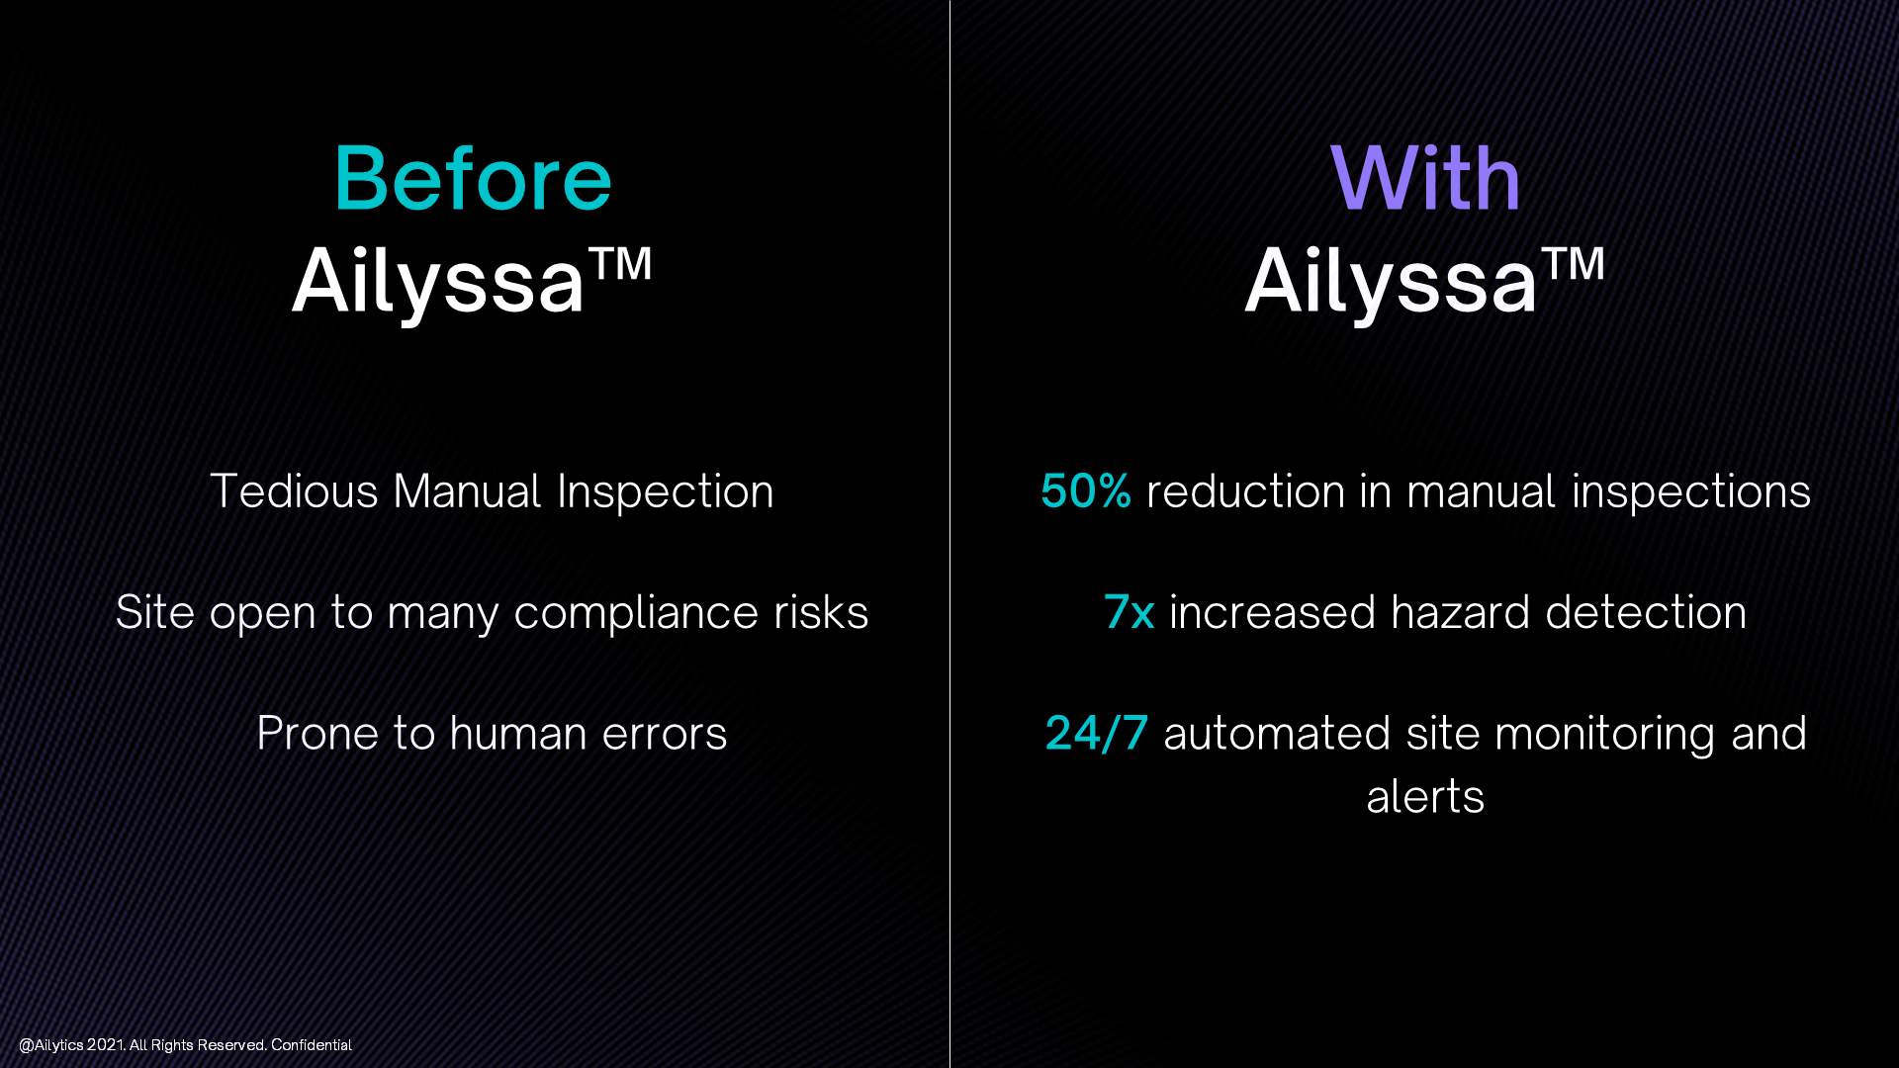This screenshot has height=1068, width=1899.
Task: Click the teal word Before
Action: coord(473,179)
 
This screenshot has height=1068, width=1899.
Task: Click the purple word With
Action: coord(1425,179)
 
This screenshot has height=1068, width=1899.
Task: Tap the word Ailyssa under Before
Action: coord(438,282)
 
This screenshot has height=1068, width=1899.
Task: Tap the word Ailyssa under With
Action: coord(1391,282)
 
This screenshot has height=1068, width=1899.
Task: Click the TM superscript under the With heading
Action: coord(1573,264)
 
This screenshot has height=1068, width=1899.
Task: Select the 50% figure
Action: coord(1085,491)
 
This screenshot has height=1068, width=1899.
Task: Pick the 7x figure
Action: coord(1129,612)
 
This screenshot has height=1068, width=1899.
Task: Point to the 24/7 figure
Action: coord(1096,734)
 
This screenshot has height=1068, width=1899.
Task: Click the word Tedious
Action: coord(294,491)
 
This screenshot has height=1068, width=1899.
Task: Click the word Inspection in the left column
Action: coord(665,491)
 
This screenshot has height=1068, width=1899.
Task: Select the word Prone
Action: coord(317,734)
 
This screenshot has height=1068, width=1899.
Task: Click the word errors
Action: coord(664,734)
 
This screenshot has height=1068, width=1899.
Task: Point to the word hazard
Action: coord(1460,612)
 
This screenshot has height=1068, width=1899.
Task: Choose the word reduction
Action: coord(1244,491)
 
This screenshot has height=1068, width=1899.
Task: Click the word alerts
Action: coord(1425,797)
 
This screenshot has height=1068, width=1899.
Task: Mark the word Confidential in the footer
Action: coord(312,1045)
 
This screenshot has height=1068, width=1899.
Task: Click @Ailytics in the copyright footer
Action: coord(51,1045)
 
